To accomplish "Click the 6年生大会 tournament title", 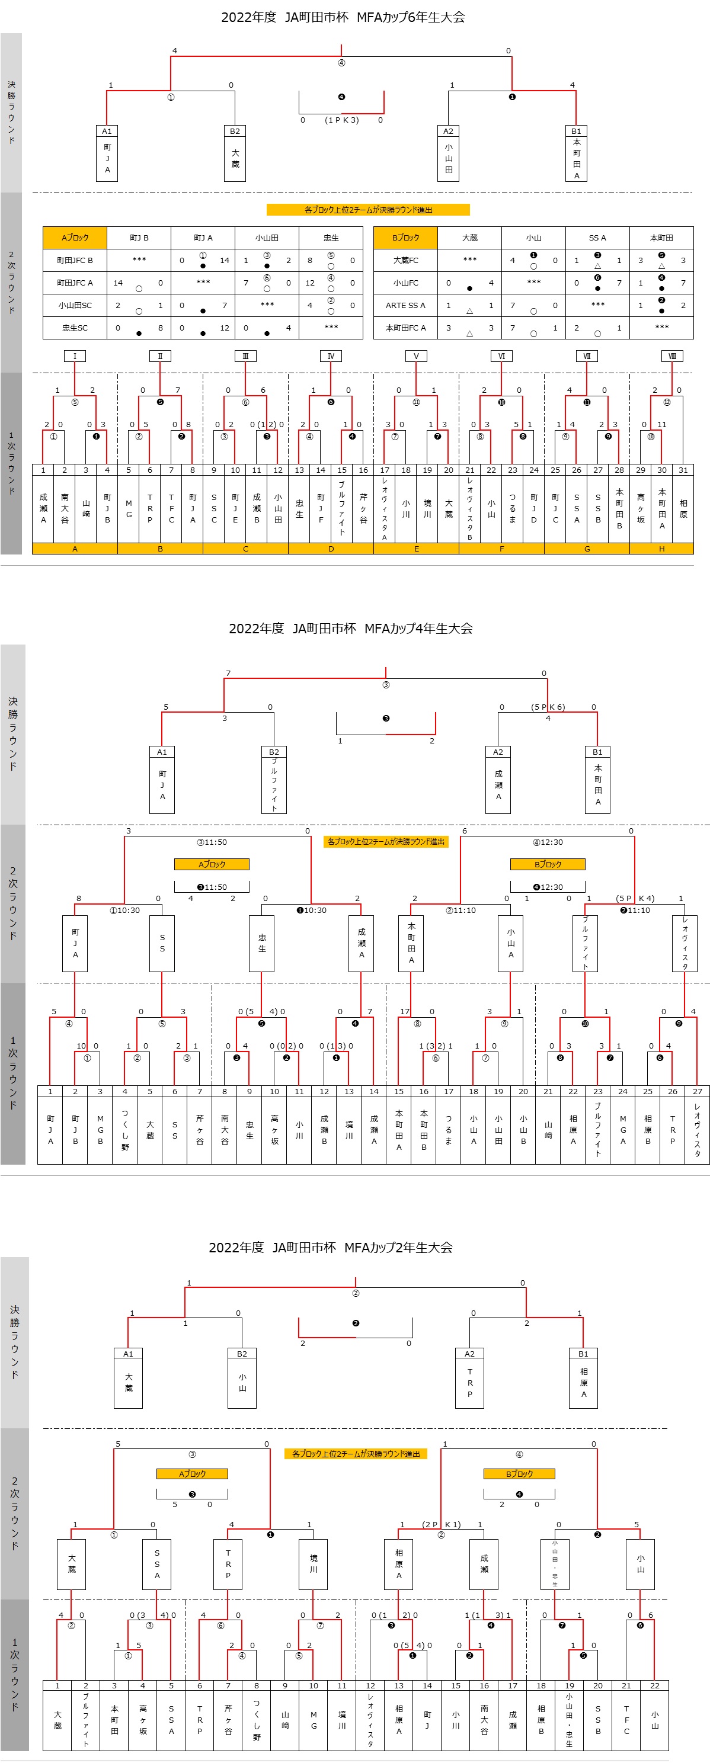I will point(343,17).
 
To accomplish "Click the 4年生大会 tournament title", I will point(350,629).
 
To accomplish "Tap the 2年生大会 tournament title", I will point(331,1248).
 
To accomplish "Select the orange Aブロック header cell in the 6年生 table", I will point(75,238).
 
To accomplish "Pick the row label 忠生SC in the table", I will point(75,328).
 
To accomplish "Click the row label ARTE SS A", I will point(405,305).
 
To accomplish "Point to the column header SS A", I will point(597,238).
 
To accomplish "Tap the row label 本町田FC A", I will point(405,328).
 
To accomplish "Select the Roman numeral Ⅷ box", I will point(671,356).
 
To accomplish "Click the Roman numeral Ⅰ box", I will point(75,356).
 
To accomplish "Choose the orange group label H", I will point(661,549).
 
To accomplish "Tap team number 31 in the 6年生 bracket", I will point(683,470).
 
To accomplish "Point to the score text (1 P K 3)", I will point(341,120).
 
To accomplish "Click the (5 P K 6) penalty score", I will point(548,707).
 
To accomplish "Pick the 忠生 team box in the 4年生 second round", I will point(261,943).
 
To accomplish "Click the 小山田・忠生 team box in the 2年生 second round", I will point(555,1564).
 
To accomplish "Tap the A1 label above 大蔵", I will point(128,1354).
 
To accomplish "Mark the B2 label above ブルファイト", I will point(274,751).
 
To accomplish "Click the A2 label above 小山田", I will point(448,131).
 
